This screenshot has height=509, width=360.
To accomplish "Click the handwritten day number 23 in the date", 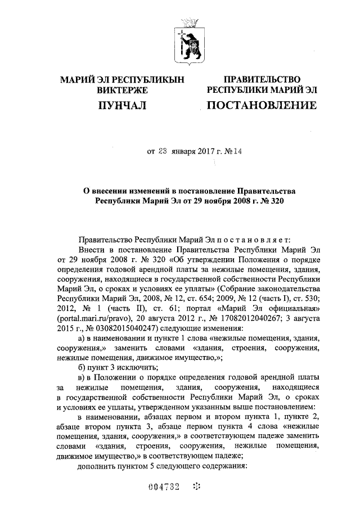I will [163, 151].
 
